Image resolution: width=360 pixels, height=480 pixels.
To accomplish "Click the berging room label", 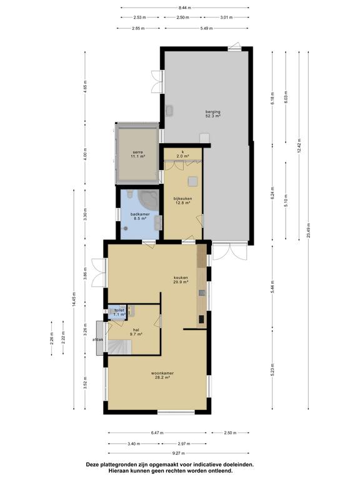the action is [x=212, y=114].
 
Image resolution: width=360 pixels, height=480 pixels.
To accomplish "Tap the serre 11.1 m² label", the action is [x=137, y=154].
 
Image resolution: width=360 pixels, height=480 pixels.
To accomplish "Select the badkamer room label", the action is [x=140, y=216].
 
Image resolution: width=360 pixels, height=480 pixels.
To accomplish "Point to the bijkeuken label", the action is [x=182, y=200].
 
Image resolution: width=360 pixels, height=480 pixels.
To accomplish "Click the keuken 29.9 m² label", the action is [x=180, y=280].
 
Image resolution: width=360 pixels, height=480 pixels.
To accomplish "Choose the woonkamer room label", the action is [x=162, y=375].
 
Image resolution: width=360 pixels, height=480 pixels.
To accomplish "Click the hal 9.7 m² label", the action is [x=136, y=332].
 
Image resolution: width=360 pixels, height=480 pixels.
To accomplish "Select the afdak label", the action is [x=98, y=339].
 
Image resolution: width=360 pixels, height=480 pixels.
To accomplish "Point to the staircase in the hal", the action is [x=119, y=347].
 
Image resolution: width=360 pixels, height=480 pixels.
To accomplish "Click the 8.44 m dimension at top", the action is [x=185, y=7].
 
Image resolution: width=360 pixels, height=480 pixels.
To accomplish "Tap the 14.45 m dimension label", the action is [x=74, y=300].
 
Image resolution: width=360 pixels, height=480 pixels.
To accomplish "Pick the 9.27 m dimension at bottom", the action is [x=179, y=453].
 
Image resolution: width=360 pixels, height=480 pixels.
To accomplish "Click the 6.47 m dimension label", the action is [x=157, y=433].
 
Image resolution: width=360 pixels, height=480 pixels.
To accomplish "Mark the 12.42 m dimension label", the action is [x=299, y=146].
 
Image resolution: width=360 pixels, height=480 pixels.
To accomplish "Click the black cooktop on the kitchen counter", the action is [x=201, y=319].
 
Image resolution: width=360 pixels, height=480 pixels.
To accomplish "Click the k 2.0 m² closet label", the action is [x=182, y=154].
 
